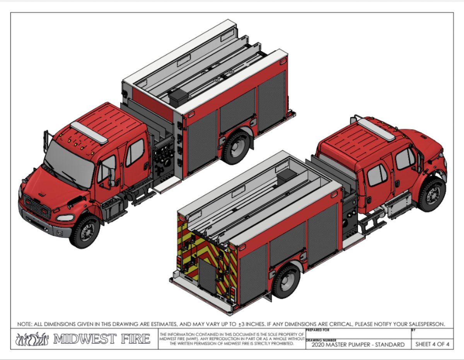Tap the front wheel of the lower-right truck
[x=432, y=195]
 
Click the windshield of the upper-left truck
[x=69, y=164]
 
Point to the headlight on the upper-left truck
[x=65, y=218]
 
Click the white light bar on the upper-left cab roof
[x=89, y=132]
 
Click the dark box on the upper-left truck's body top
[x=178, y=98]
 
